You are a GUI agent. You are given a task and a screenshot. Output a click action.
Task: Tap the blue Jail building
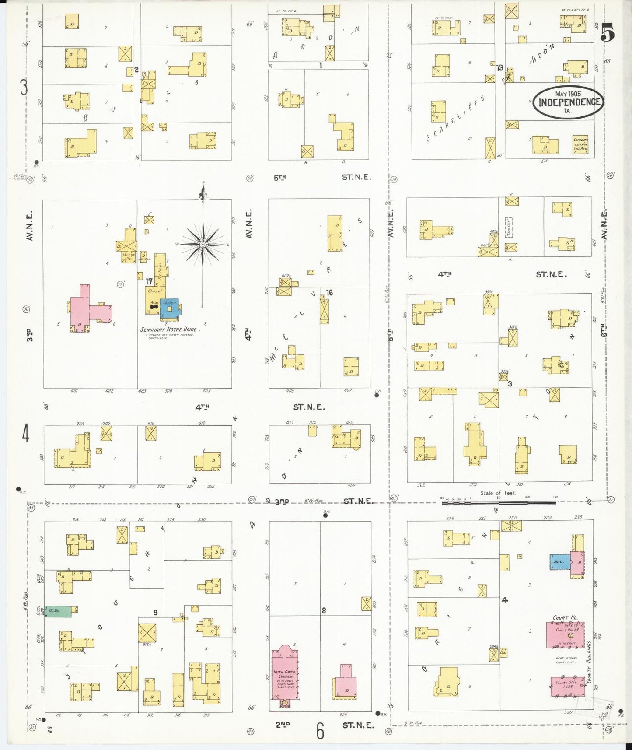pos(559,561)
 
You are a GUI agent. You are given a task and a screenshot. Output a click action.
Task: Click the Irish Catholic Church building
pos(285,674)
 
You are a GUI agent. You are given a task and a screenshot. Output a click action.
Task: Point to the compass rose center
pos(203,245)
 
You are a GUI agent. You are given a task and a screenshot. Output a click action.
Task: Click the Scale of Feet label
pos(498,493)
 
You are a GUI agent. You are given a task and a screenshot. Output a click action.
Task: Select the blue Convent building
pos(169,308)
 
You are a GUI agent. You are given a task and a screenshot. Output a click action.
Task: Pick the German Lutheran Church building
pos(580,144)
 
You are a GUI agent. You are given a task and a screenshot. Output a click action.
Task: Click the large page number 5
pos(608,32)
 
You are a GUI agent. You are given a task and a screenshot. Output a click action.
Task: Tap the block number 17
pos(149,282)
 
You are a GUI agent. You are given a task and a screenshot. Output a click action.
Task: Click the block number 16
pos(329,293)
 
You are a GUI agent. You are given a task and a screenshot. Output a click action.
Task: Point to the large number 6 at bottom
pos(320,731)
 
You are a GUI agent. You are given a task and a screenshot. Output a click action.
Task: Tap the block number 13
pos(499,68)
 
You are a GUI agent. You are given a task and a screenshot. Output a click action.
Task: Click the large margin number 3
pos(24,87)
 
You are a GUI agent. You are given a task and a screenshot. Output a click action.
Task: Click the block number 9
pos(155,613)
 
